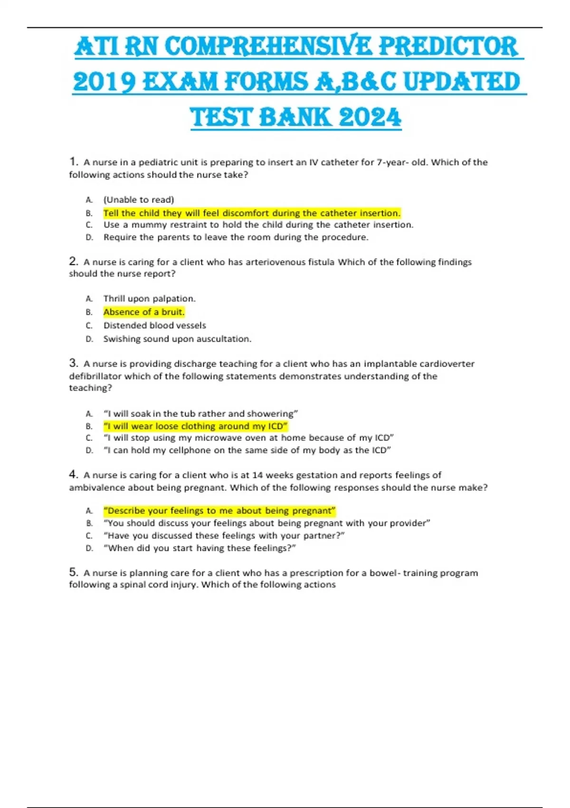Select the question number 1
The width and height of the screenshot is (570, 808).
pyautogui.click(x=73, y=162)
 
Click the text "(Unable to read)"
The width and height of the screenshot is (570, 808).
pyautogui.click(x=139, y=200)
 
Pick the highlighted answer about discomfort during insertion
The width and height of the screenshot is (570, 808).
pyautogui.click(x=252, y=213)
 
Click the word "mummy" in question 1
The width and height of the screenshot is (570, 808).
pyautogui.click(x=148, y=225)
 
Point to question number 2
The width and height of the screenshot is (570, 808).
pyautogui.click(x=73, y=261)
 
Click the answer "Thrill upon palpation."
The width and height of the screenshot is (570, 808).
pyautogui.click(x=149, y=298)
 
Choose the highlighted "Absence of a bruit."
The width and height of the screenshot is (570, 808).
pyautogui.click(x=144, y=312)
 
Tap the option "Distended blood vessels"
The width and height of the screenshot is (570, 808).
pyautogui.click(x=154, y=326)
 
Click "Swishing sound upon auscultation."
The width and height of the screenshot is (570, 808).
pyautogui.click(x=177, y=339)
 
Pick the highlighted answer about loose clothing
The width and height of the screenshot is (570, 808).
pyautogui.click(x=195, y=426)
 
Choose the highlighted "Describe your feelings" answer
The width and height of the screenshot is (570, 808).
pyautogui.click(x=219, y=510)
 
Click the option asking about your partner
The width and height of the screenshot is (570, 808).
pyautogui.click(x=224, y=536)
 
